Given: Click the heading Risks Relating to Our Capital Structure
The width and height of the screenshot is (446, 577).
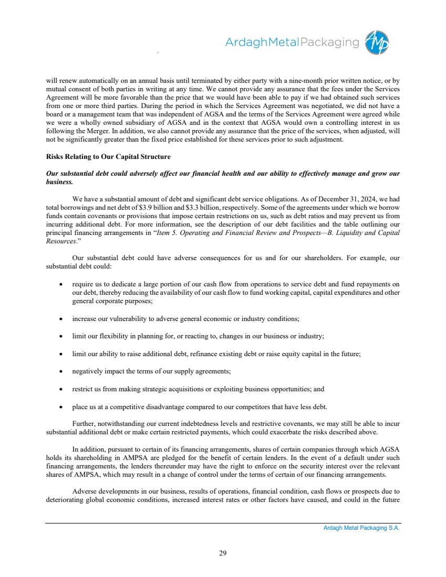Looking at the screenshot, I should click(108, 157).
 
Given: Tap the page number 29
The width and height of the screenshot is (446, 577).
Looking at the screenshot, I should click(223, 552).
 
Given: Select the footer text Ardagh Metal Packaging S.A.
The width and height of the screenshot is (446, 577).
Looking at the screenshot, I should click(361, 528).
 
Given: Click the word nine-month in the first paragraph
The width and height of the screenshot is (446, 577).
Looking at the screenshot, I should click(304, 81).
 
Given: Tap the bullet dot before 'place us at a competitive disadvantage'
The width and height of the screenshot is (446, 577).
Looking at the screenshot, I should click(61, 408).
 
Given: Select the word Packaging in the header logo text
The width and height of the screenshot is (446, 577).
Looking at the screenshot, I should click(329, 42).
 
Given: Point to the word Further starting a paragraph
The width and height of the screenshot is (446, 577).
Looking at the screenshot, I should click(84, 423).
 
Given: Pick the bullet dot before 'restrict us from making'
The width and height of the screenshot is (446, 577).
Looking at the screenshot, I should click(61, 390).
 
